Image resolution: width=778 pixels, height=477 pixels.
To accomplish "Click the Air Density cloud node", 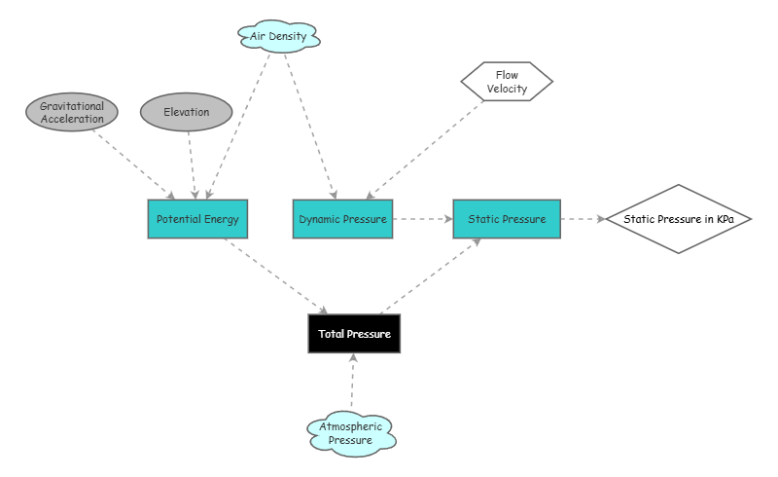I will pyautogui.click(x=279, y=37).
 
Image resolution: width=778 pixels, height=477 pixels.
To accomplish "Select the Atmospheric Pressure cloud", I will pyautogui.click(x=352, y=433).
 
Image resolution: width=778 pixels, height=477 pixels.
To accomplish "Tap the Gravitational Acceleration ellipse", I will pyautogui.click(x=72, y=113).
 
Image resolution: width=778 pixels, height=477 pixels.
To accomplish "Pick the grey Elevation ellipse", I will pyautogui.click(x=187, y=113).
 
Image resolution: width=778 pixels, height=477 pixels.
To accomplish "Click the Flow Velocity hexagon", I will pyautogui.click(x=506, y=82).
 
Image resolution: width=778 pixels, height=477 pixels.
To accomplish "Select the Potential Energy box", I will pyautogui.click(x=198, y=219).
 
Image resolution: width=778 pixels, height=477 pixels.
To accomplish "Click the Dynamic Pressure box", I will pyautogui.click(x=342, y=219).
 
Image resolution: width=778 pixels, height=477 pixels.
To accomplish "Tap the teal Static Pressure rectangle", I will pyautogui.click(x=507, y=219).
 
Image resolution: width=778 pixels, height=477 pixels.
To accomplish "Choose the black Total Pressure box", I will pyautogui.click(x=354, y=334).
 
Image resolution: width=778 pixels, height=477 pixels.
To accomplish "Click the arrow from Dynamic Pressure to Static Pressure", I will pyautogui.click(x=422, y=219).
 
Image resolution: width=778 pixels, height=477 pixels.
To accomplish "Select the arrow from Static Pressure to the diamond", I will pyautogui.click(x=583, y=219).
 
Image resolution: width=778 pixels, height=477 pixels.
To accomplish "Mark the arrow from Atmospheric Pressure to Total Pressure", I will pyautogui.click(x=353, y=383).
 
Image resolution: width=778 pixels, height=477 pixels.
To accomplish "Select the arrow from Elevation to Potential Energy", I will pyautogui.click(x=192, y=165).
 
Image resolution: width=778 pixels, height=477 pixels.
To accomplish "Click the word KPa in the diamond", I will pyautogui.click(x=725, y=219).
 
